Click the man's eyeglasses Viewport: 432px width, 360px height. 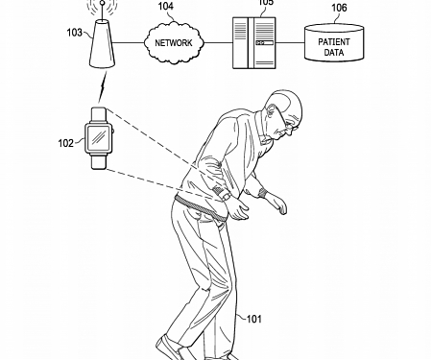(x=285, y=114)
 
